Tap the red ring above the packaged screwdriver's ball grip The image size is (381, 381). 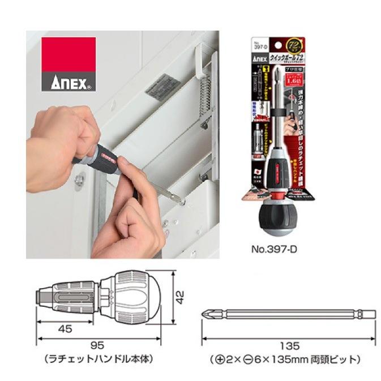[280, 195]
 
